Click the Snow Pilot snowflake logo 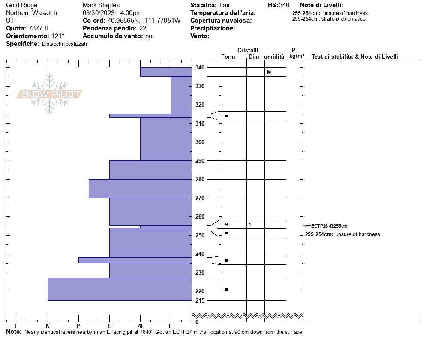pyautogui.click(x=50, y=94)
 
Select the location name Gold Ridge pyautogui.click(x=22, y=5)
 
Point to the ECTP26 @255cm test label pyautogui.click(x=329, y=226)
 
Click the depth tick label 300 pyautogui.click(x=200, y=142)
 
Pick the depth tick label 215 pyautogui.click(x=200, y=300)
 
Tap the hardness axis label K pyautogui.click(x=48, y=326)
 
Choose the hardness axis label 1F pyautogui.click(x=110, y=326)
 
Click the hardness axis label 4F pyautogui.click(x=141, y=326)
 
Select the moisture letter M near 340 pyautogui.click(x=269, y=72)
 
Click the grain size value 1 pyautogui.click(x=249, y=225)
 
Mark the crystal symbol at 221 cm pyautogui.click(x=226, y=289)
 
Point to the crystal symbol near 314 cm pyautogui.click(x=226, y=116)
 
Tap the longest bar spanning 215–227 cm pyautogui.click(x=120, y=289)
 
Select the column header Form pyautogui.click(x=228, y=57)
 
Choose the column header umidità pyautogui.click(x=274, y=57)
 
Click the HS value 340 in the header pyautogui.click(x=284, y=5)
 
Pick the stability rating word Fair pyautogui.click(x=225, y=5)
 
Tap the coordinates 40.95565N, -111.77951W pyautogui.click(x=144, y=21)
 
